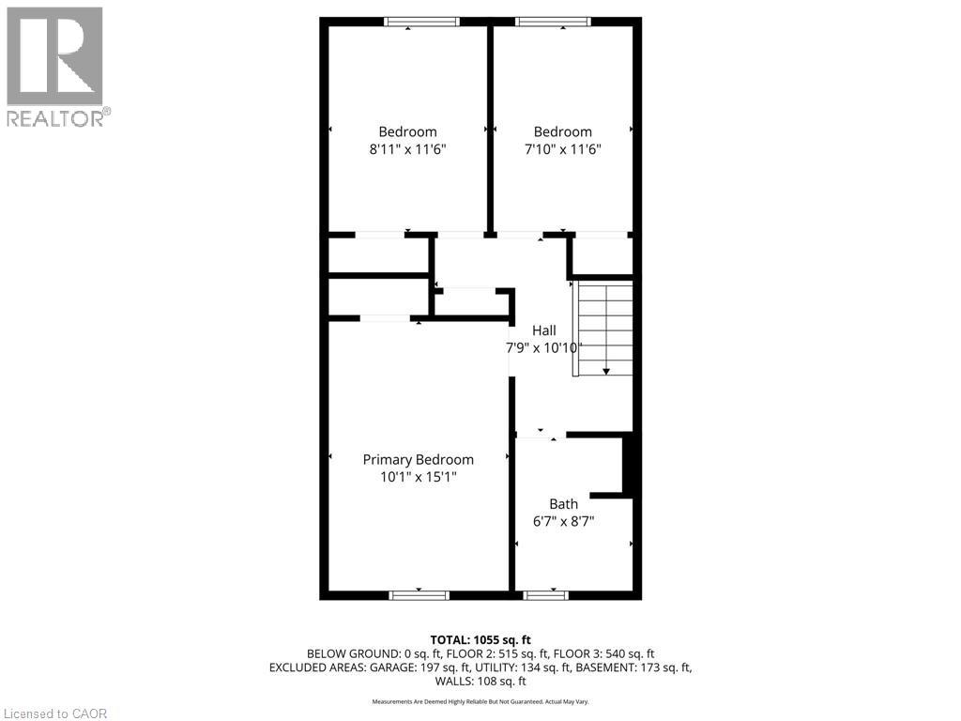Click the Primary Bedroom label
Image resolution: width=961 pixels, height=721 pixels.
pos(418,459)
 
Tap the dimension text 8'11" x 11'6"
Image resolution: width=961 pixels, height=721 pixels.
pos(407,148)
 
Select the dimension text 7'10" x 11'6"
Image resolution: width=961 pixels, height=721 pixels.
pos(562,148)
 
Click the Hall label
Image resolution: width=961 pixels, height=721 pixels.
pos(544,330)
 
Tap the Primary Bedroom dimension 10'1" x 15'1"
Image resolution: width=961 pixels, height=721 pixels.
pos(418,476)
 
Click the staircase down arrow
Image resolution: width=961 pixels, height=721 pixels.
pos(606,370)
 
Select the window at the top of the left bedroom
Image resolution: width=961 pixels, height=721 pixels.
pos(422,22)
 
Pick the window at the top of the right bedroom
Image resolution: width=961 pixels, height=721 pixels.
pos(553,22)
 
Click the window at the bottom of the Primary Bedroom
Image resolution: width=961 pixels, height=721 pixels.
pos(419,594)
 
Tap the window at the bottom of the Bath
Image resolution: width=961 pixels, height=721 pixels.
pos(546,594)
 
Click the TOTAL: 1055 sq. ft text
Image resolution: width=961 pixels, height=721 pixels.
pos(480,639)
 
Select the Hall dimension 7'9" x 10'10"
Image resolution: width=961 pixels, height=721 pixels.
pos(545,347)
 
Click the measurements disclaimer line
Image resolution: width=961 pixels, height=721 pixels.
pos(480,701)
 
